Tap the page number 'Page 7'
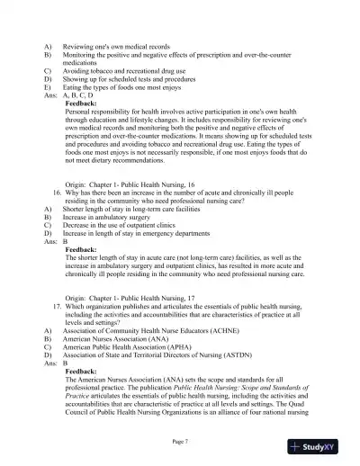(x=180, y=441)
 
